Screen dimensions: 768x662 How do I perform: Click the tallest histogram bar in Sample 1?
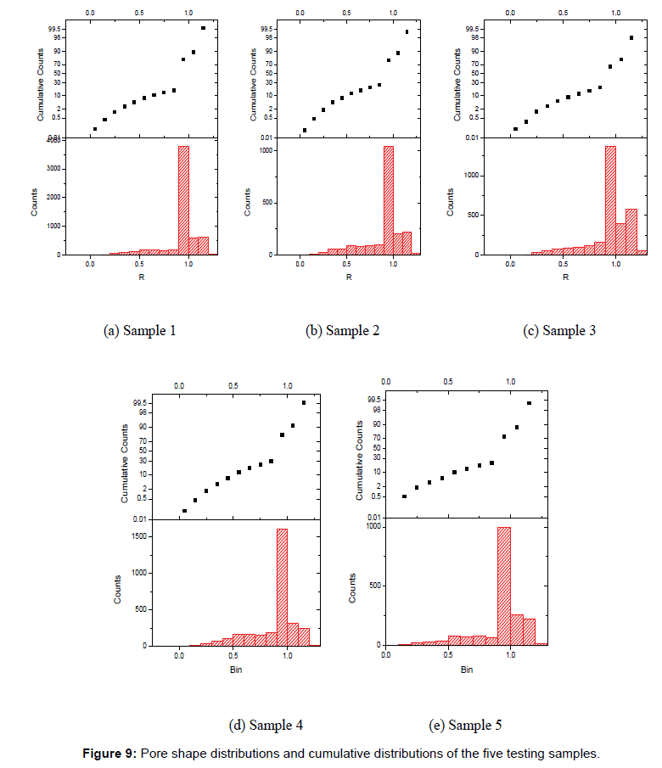pos(183,200)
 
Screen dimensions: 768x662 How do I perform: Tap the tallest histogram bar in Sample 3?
pos(610,200)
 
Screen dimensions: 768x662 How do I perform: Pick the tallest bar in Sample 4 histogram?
pos(282,587)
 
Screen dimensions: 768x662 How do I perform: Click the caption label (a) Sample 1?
pos(139,331)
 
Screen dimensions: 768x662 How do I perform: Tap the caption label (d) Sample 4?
pos(266,725)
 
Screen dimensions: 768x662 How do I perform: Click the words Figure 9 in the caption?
pos(109,754)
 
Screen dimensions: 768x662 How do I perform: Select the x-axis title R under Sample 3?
pos(565,277)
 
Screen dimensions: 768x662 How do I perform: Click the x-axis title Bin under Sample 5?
pos(467,670)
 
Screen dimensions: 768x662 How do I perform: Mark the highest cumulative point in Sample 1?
pos(203,28)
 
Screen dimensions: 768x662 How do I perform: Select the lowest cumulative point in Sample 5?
pos(404,496)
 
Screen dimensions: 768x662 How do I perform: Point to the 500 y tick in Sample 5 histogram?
pos(371,586)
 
